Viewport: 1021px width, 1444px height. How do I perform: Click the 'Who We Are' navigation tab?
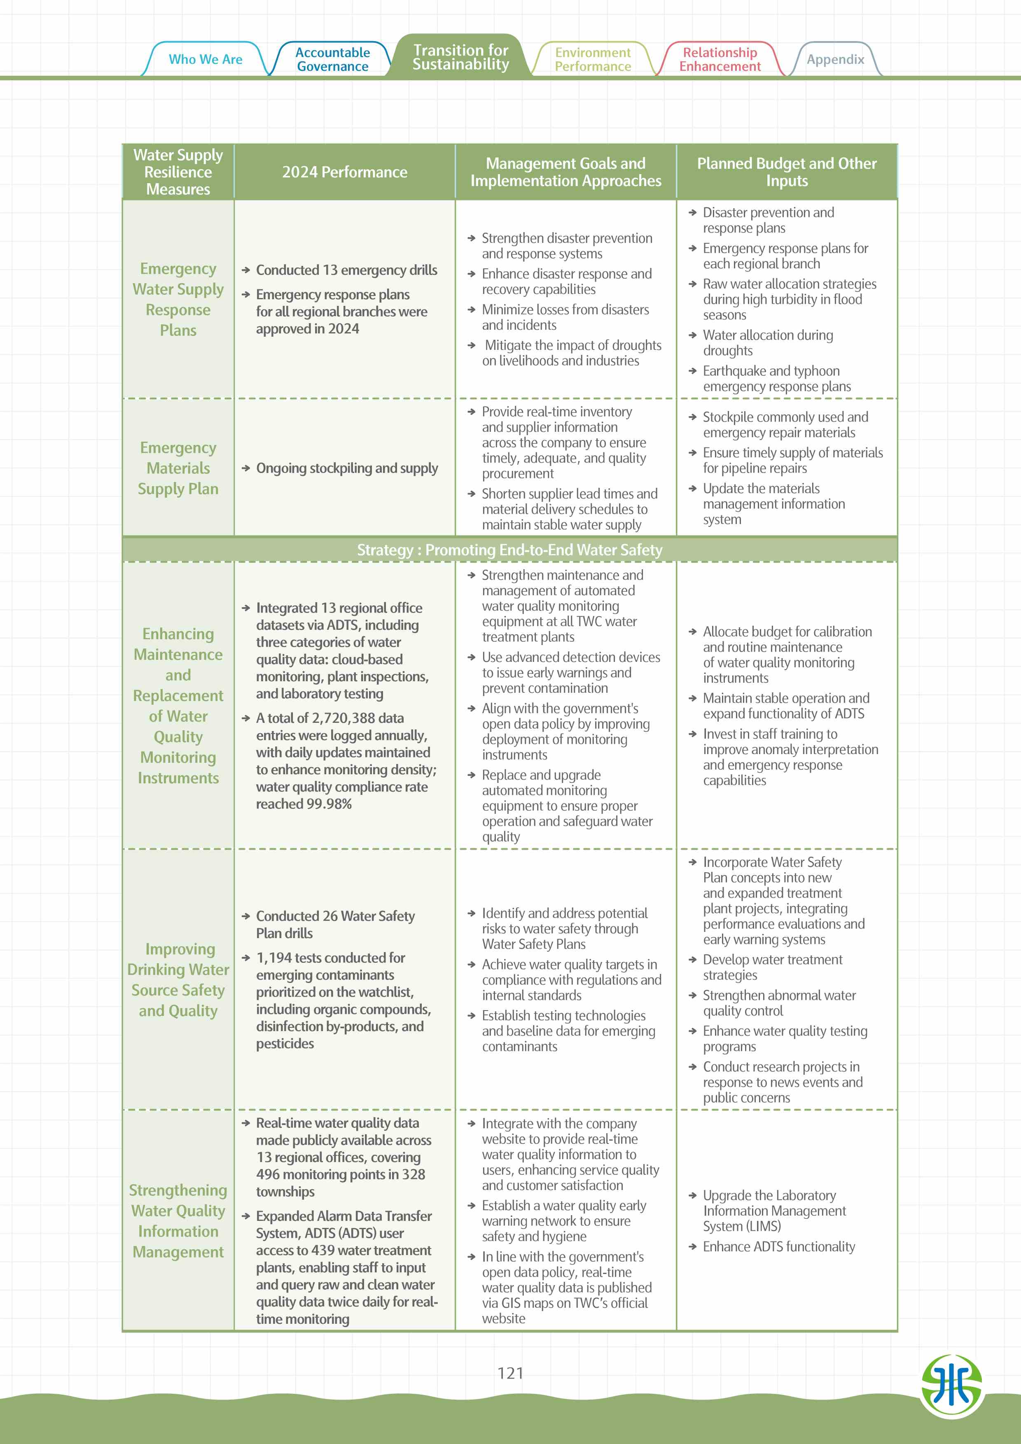205,59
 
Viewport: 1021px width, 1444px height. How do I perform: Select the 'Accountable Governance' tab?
333,60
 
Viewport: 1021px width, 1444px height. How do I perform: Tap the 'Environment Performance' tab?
593,60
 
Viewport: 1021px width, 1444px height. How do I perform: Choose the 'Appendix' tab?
835,60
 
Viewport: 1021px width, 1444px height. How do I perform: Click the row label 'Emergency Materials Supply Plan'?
178,468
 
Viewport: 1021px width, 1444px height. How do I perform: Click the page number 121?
510,1373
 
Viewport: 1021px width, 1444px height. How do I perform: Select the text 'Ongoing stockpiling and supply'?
347,468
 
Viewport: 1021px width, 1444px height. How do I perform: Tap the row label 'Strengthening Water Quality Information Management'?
178,1221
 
